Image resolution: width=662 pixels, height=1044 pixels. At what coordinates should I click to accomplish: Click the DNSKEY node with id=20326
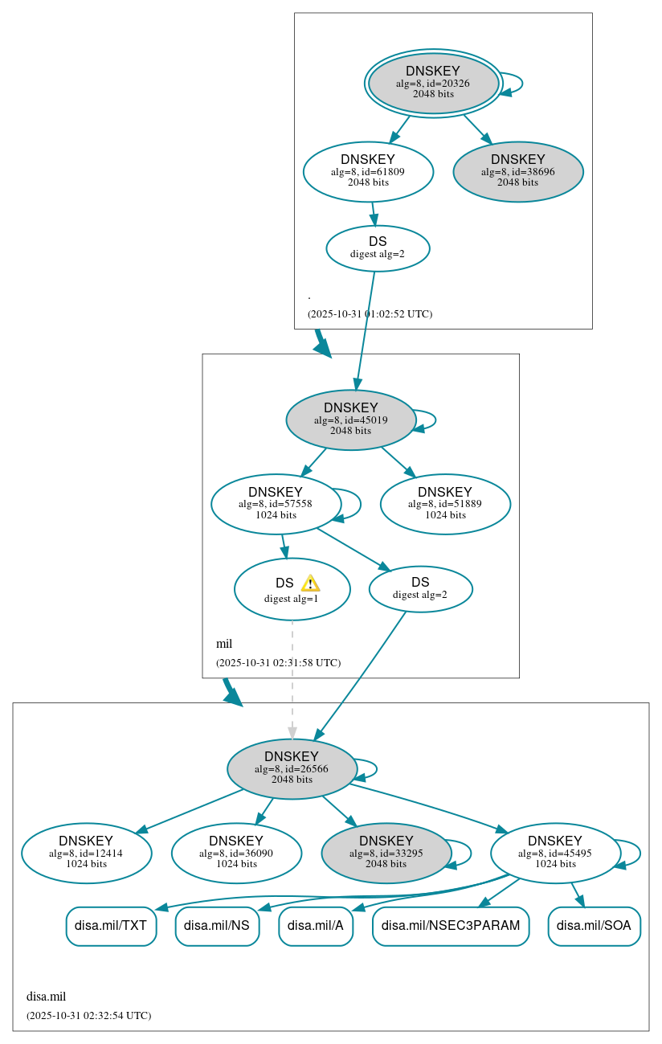tap(433, 83)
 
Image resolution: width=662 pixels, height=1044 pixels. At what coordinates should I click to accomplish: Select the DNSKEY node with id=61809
tap(368, 171)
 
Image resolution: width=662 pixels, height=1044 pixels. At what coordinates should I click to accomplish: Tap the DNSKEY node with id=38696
tap(518, 171)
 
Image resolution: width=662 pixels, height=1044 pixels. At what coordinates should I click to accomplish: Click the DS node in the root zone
tap(378, 248)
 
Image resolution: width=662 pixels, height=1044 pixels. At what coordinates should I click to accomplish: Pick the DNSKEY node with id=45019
tap(350, 420)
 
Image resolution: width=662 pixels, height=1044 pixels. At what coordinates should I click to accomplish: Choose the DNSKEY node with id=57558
tap(276, 504)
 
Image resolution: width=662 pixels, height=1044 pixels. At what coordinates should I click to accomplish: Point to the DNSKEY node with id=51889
tap(445, 504)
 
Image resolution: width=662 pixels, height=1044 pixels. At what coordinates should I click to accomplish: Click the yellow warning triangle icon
tap(310, 583)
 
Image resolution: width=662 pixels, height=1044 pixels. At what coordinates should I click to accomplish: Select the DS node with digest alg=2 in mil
tap(420, 589)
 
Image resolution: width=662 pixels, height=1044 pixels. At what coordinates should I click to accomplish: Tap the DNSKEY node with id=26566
tap(292, 768)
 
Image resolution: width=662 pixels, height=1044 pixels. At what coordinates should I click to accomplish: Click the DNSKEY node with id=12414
tap(87, 853)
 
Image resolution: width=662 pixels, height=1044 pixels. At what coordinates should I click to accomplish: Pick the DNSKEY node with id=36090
tap(236, 853)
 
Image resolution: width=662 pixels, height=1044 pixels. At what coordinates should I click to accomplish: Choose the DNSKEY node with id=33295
tap(386, 853)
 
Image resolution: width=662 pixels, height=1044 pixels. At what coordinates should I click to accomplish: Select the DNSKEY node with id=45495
tap(555, 853)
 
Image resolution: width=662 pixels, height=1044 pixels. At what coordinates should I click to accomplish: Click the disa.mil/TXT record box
tap(111, 926)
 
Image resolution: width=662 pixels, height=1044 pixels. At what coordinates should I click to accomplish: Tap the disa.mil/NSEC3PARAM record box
tap(451, 926)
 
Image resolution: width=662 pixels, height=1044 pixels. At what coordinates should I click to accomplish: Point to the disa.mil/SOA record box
tap(594, 926)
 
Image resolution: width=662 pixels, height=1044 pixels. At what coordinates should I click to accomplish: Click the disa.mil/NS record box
tap(217, 926)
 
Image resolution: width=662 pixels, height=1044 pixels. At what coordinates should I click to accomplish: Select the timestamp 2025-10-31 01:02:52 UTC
tap(370, 314)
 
